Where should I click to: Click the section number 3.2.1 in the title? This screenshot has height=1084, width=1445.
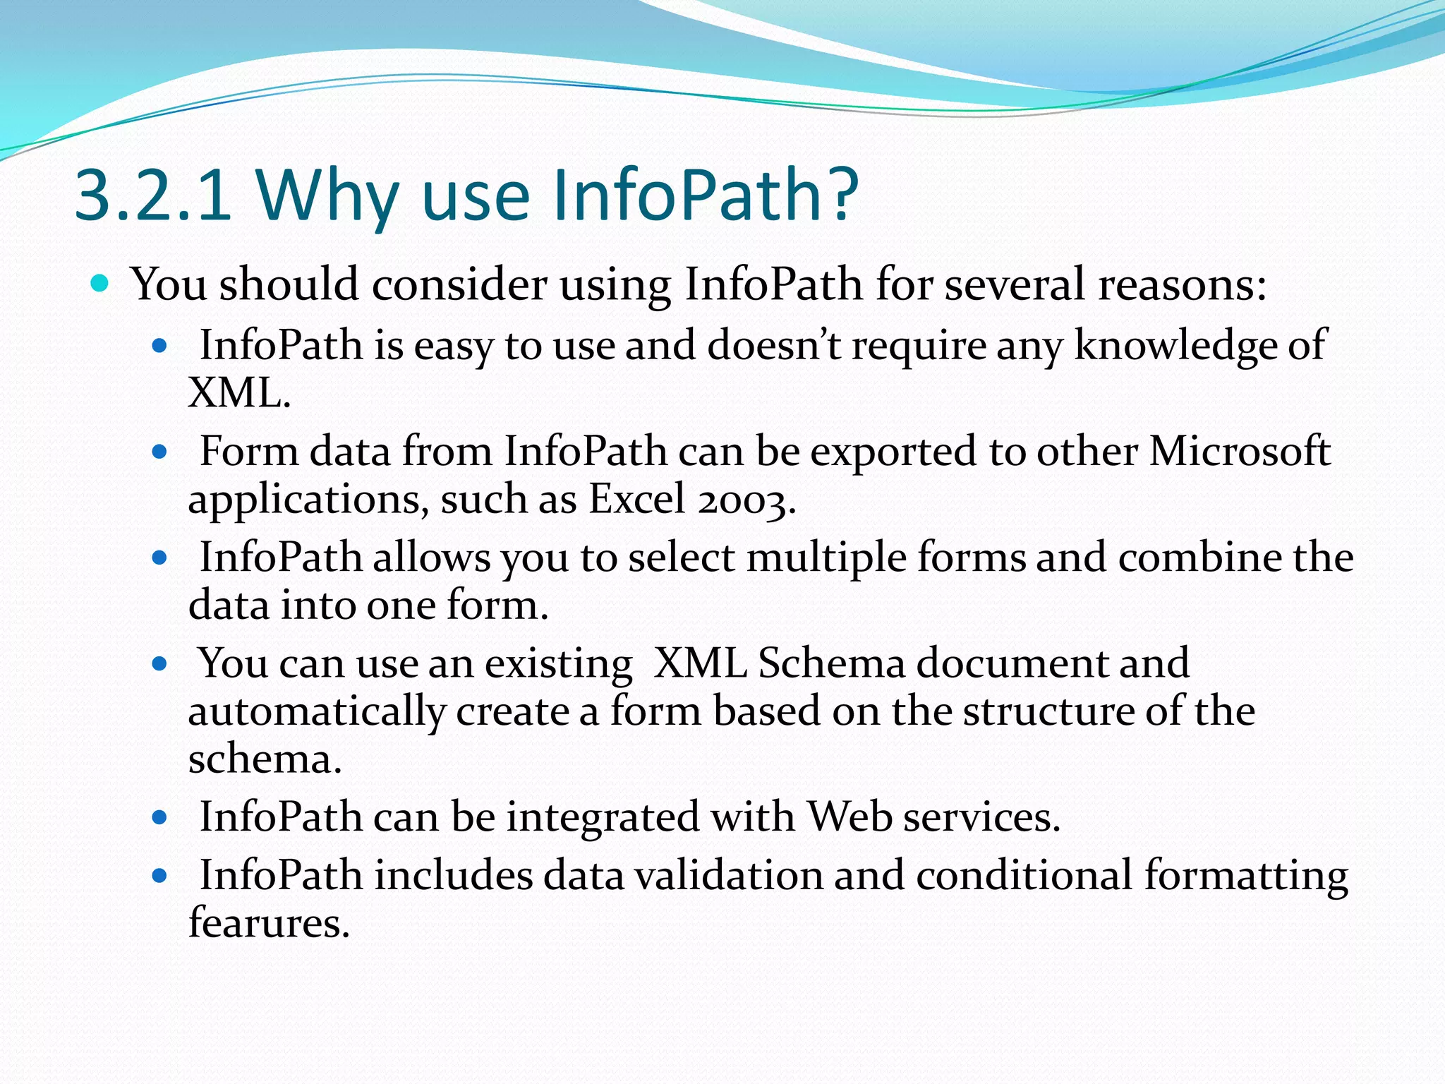pos(152,194)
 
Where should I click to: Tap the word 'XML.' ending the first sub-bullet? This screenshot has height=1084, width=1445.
pos(239,393)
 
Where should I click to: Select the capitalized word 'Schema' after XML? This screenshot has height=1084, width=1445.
pos(831,663)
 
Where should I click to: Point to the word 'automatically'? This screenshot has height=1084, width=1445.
pos(316,711)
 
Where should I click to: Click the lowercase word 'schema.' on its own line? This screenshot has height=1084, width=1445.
pos(265,759)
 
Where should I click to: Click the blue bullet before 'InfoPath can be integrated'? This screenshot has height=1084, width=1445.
pos(159,819)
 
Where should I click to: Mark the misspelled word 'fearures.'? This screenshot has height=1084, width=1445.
pos(269,923)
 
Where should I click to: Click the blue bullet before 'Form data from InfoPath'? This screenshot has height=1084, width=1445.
pos(159,452)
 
